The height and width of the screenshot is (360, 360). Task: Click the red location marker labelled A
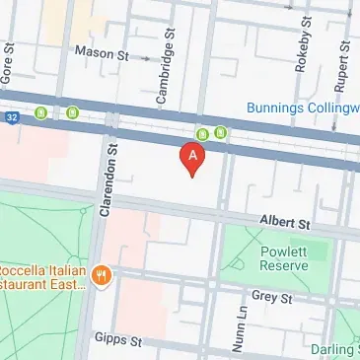pos(193,158)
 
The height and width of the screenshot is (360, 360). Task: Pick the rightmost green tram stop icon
pos(220,131)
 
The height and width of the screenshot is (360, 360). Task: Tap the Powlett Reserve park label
pos(285,258)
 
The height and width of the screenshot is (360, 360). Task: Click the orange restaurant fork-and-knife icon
pos(103,274)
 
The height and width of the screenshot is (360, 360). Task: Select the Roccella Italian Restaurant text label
pos(44,275)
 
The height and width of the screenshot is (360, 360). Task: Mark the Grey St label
pos(272,297)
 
